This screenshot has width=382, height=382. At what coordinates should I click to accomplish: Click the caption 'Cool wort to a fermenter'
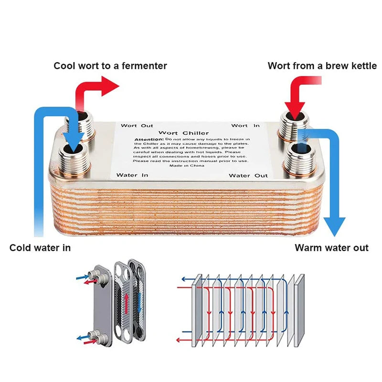click(110, 65)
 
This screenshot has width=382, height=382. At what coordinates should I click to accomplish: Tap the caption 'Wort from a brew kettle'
click(322, 65)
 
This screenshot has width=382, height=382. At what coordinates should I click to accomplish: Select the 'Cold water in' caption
click(40, 247)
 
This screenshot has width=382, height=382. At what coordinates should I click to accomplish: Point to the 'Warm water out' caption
click(331, 247)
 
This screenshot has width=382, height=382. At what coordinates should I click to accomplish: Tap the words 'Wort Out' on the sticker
click(137, 126)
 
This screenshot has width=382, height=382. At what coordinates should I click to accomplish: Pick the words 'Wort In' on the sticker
click(245, 126)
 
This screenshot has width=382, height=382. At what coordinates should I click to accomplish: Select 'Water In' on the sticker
click(133, 175)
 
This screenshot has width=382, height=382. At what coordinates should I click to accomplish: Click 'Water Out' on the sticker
click(248, 176)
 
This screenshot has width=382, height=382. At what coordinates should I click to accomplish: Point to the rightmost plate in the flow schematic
click(300, 310)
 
